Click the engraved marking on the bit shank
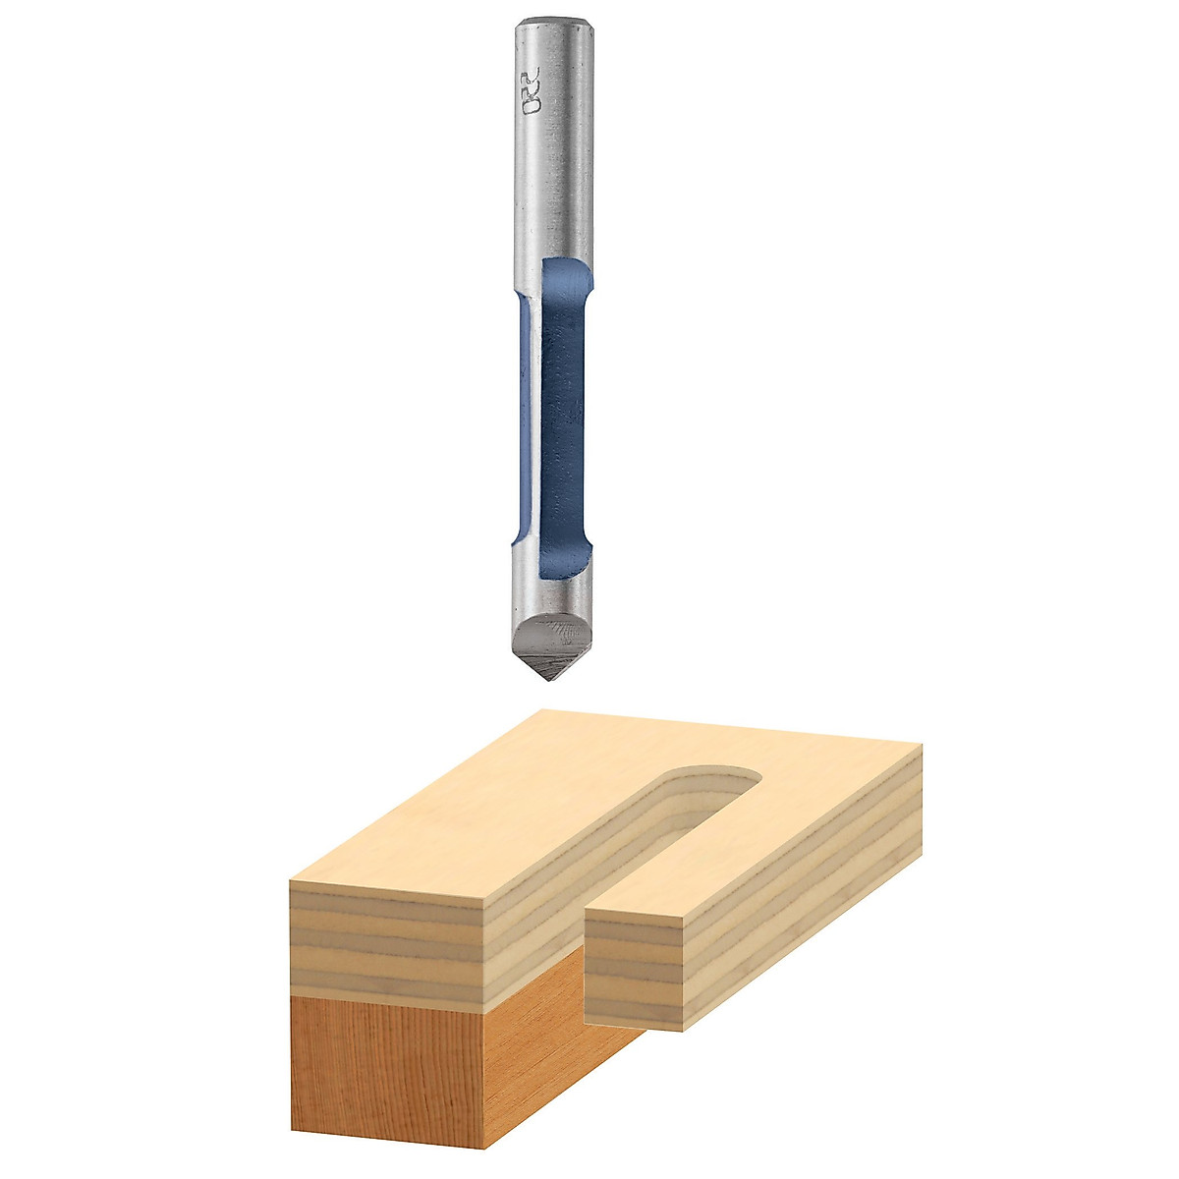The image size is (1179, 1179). pyautogui.click(x=532, y=92)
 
